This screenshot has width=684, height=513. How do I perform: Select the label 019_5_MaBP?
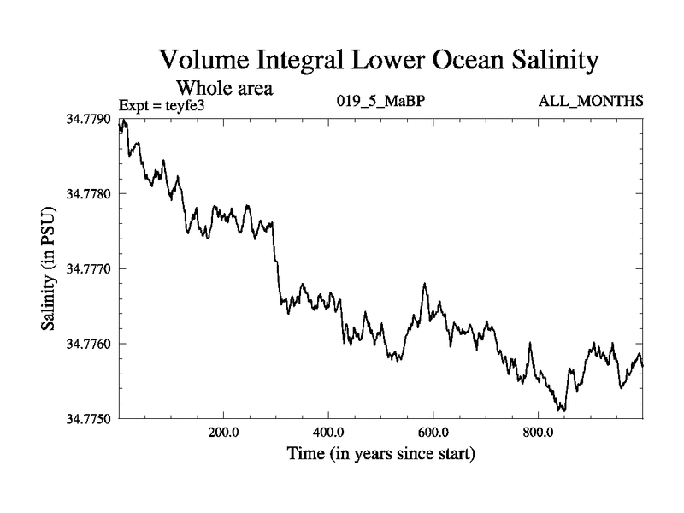[x=380, y=103]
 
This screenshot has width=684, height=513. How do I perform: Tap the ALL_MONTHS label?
[x=590, y=103]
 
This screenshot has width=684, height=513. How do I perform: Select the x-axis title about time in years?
[x=380, y=452]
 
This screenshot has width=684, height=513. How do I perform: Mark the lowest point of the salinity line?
[x=562, y=410]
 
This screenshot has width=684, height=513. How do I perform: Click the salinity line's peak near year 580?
[x=425, y=283]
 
